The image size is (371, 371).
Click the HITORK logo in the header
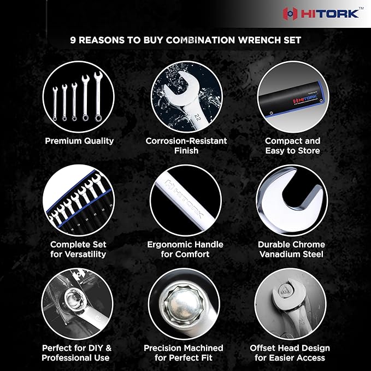[x=321, y=13]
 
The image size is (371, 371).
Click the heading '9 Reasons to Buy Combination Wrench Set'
[x=186, y=40]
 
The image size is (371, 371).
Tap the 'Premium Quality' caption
[x=79, y=140]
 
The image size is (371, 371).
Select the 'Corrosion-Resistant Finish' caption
[x=186, y=145]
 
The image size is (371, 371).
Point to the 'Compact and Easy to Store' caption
[x=292, y=145]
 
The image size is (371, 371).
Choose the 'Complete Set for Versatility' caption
[x=78, y=249]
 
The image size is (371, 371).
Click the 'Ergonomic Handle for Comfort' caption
[x=185, y=249]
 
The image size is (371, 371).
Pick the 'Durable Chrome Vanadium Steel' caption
[x=291, y=249]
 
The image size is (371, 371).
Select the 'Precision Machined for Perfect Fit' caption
[x=184, y=353]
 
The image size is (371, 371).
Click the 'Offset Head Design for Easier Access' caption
[x=290, y=353]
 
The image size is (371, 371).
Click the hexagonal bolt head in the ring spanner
[x=184, y=300]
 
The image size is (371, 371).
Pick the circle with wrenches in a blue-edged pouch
[x=78, y=201]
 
